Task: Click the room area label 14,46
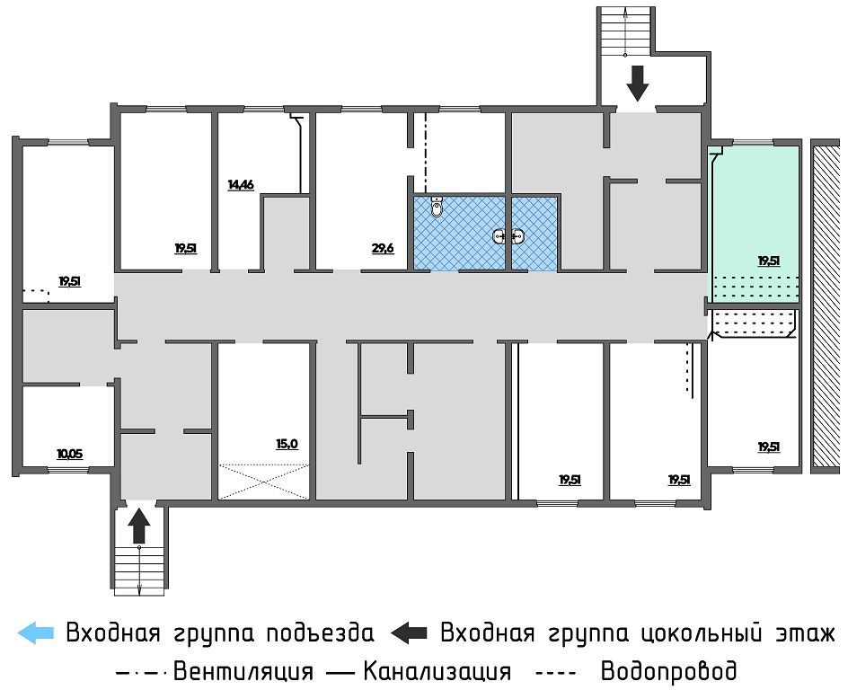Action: [241, 185]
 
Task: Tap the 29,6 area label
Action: [383, 248]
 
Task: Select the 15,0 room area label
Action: [287, 444]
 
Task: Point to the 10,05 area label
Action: [69, 454]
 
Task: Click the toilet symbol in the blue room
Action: [437, 208]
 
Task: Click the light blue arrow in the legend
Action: [36, 632]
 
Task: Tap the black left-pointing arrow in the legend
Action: [410, 632]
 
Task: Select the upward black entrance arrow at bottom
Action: [138, 526]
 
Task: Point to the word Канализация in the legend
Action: [437, 671]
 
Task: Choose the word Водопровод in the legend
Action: [668, 671]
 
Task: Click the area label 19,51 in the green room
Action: [768, 261]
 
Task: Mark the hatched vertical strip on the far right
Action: [825, 305]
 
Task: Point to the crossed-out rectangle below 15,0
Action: [264, 480]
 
